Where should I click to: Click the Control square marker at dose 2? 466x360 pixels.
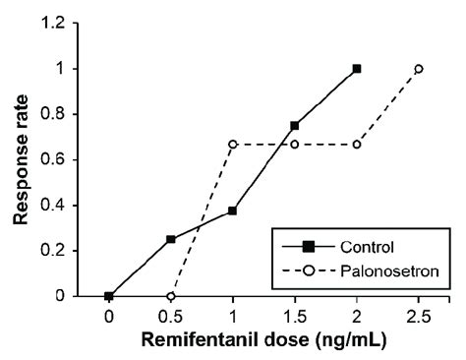(357, 69)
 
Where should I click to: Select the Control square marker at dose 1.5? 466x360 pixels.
(295, 126)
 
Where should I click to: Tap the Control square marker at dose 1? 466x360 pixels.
(233, 210)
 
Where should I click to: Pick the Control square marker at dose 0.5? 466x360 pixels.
(171, 239)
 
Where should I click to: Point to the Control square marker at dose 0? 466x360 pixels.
(109, 296)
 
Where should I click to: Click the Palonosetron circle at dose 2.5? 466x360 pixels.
(419, 69)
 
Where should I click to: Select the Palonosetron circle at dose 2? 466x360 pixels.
(357, 145)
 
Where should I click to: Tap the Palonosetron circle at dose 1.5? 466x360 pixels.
(295, 145)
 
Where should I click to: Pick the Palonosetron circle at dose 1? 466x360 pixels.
(233, 145)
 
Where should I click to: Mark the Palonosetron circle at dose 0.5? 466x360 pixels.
(171, 296)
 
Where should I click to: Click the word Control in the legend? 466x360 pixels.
(367, 247)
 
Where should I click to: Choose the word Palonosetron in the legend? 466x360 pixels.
(389, 271)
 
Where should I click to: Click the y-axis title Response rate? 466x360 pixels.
(21, 159)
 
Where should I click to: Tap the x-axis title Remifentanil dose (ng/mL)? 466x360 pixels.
(264, 340)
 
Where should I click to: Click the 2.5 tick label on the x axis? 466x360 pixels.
(419, 317)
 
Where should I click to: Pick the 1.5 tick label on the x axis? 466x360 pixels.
(295, 317)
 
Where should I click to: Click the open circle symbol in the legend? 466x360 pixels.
(309, 271)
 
